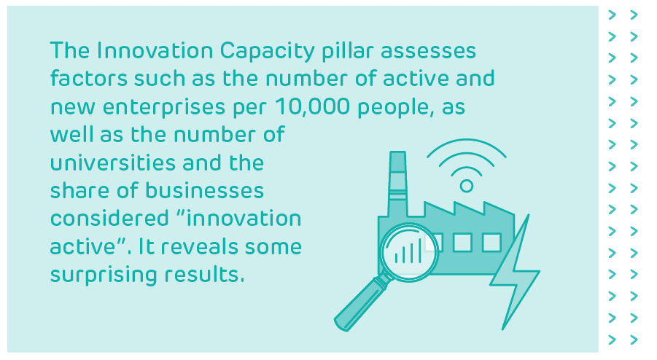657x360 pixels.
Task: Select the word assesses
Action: point(434,52)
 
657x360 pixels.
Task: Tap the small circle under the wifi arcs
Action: point(467,187)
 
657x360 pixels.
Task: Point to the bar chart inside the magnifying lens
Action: point(408,251)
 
